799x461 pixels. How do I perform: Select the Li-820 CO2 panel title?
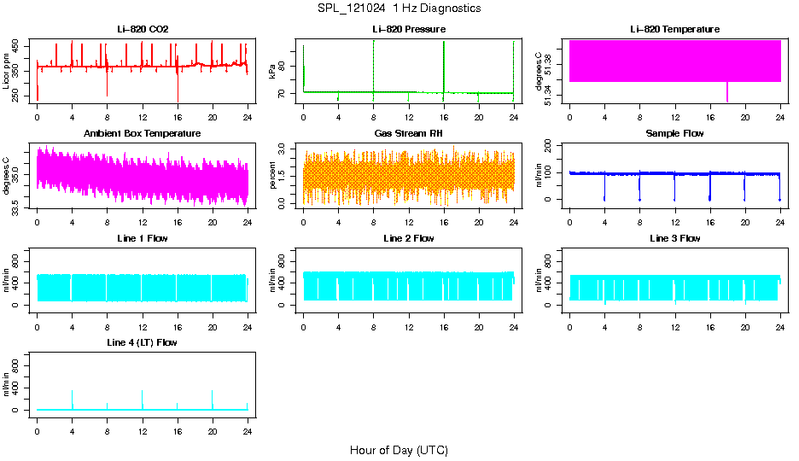143,29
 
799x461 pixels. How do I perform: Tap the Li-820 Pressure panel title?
409,29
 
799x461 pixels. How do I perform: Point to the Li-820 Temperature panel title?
674,29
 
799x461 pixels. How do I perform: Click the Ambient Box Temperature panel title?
143,133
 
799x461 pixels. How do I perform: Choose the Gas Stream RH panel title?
409,133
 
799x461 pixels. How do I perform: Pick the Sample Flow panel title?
674,133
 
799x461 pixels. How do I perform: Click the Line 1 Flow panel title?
143,238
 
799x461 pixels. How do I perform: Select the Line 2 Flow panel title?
409,238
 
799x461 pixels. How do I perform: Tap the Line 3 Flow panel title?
674,238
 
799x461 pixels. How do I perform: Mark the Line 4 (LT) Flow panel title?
143,342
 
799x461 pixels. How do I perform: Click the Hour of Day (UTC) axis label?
399,450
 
